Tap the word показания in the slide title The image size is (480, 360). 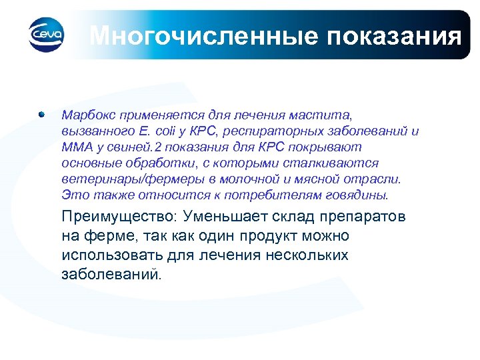pos(393,35)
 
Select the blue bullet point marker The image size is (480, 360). pos(42,114)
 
